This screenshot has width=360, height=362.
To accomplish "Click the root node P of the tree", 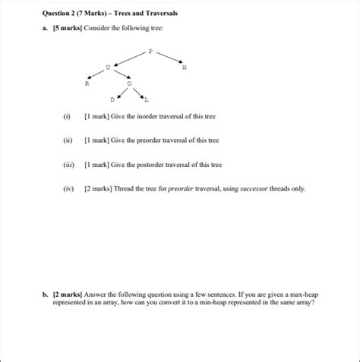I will [x=150, y=52].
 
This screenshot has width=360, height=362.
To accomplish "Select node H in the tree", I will [x=185, y=68].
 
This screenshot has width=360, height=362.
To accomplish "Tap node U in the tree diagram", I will [x=108, y=68].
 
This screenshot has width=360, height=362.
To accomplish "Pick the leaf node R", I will [x=87, y=83].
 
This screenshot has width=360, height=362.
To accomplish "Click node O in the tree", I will [x=129, y=83].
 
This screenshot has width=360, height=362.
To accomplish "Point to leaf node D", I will [x=112, y=99].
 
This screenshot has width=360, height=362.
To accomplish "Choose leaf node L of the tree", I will [x=147, y=99].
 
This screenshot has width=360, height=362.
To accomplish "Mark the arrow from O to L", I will [x=138, y=93].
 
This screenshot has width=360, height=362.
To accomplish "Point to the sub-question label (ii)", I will [x=68, y=141].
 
